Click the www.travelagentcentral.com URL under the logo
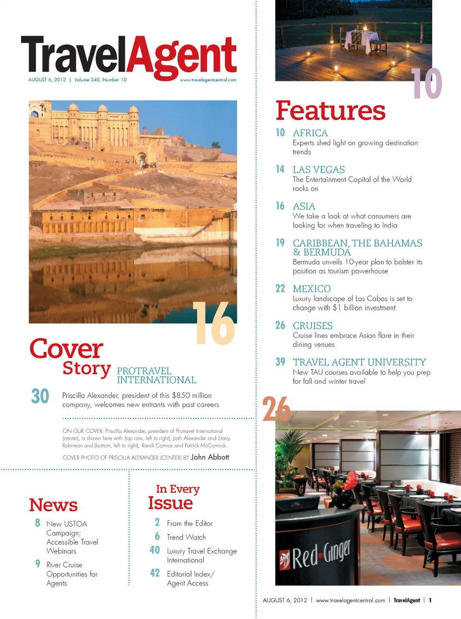pos(208,80)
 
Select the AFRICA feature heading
pos(310,133)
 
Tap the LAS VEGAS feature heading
pos(319,169)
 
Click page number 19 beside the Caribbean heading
pos(280,243)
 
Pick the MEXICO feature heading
pos(312,289)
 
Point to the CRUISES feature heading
pos(313,325)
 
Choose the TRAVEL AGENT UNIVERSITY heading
pos(359,362)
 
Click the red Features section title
pos(330,111)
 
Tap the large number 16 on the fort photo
pos(214,324)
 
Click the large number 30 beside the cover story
pos(40,396)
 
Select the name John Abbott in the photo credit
pos(210,457)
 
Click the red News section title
pos(53,505)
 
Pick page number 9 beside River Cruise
pos(37,563)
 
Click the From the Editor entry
pos(190,524)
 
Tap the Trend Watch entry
pos(186,537)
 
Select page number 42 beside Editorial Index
pos(155,573)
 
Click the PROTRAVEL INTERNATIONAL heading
pos(157,375)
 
